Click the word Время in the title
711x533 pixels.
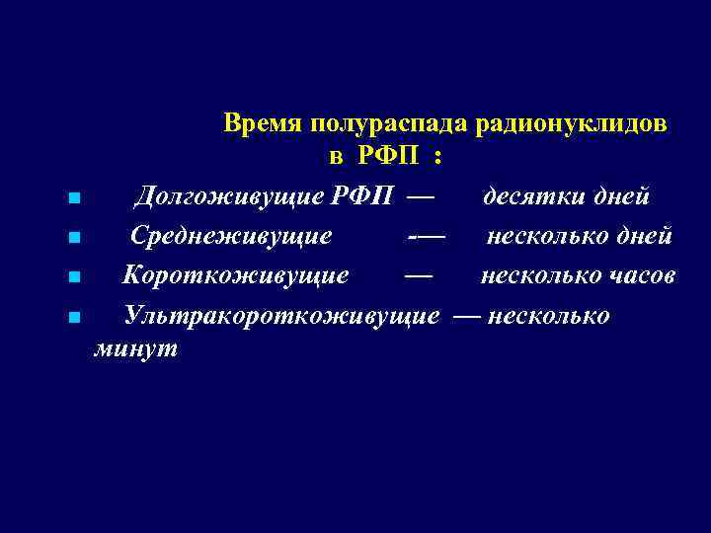pos(263,124)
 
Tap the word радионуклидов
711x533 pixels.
pos(573,124)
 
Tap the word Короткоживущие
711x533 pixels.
pos(235,275)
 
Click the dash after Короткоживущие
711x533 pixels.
pos(418,275)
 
